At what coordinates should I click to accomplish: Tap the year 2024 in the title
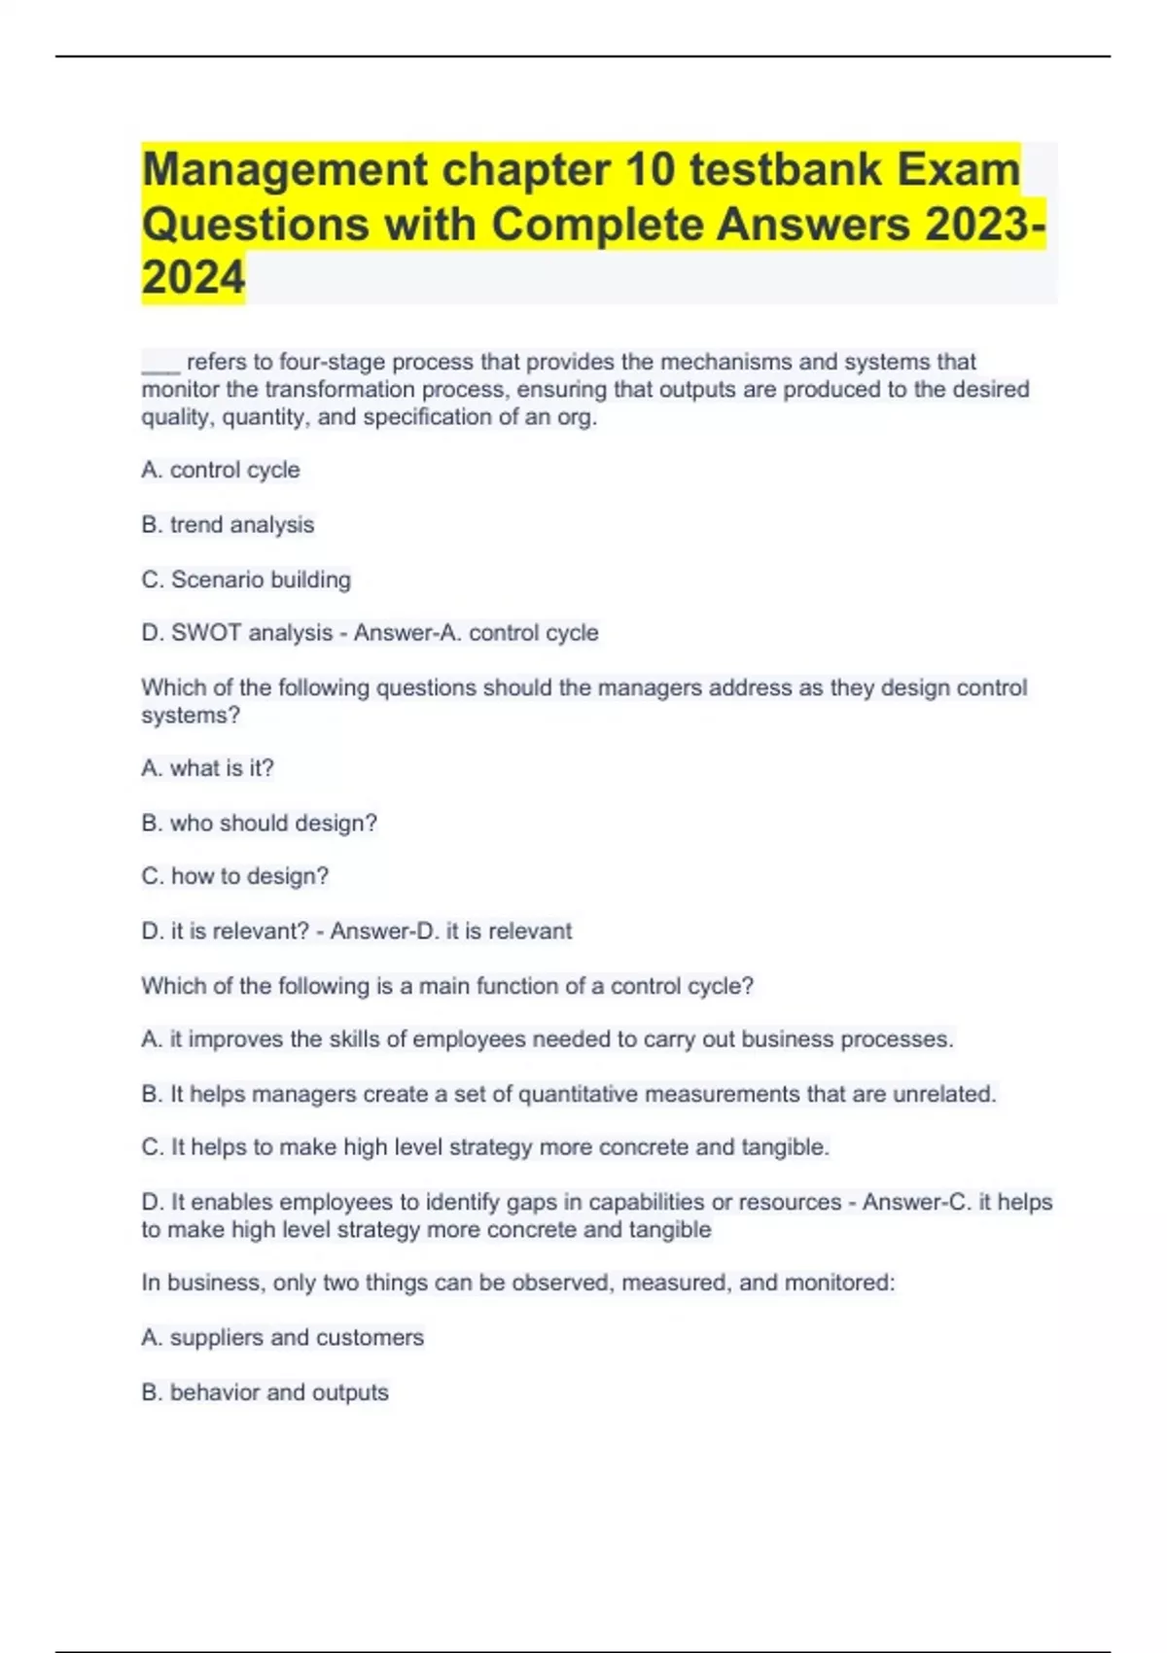point(194,278)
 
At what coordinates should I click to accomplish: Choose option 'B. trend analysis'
point(228,525)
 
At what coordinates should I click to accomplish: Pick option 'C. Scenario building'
point(246,580)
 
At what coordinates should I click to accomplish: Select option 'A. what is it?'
point(207,768)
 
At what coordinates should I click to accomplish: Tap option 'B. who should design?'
point(259,823)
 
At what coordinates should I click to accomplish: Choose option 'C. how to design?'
point(234,876)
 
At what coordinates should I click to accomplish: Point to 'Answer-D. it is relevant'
point(450,931)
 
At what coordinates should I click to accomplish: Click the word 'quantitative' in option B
point(579,1094)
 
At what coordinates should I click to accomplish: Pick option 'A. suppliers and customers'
point(282,1337)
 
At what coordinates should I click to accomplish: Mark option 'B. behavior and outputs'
point(265,1392)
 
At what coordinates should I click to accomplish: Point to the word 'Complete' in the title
point(597,225)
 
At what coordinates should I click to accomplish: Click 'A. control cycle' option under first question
point(221,470)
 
